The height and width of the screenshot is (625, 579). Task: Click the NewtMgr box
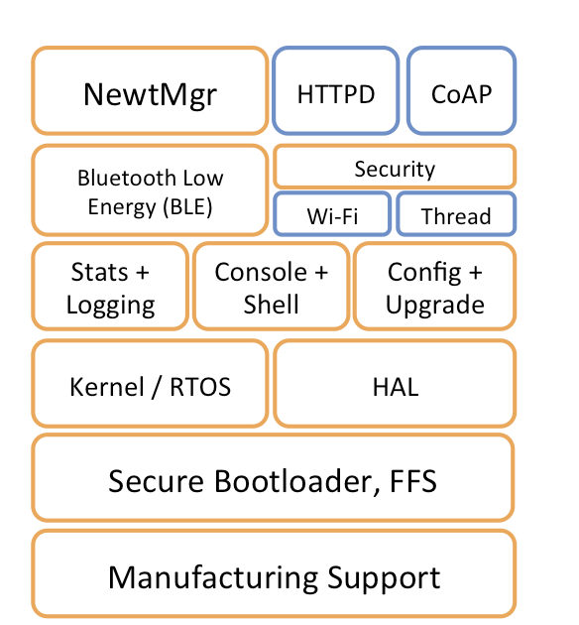click(x=150, y=90)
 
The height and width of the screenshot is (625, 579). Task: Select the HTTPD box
click(x=336, y=90)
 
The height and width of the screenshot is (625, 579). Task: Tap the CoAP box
click(x=462, y=90)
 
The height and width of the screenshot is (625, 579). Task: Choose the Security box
click(x=395, y=167)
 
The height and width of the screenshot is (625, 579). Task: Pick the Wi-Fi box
click(x=332, y=213)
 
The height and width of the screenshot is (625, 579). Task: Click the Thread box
click(x=456, y=213)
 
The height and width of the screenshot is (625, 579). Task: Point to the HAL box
click(x=395, y=384)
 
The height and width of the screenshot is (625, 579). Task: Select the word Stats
click(x=99, y=272)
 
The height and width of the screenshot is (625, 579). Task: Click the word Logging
click(x=111, y=306)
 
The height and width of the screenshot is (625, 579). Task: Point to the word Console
click(x=261, y=272)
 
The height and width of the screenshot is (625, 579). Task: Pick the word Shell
click(x=272, y=305)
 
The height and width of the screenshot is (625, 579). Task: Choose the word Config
click(x=425, y=273)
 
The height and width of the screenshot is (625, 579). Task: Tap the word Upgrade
click(x=435, y=306)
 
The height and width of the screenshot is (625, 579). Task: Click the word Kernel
click(x=107, y=387)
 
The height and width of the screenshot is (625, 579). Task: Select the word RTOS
click(x=200, y=387)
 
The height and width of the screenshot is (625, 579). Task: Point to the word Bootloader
click(x=294, y=481)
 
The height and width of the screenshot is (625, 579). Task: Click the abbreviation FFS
click(x=413, y=481)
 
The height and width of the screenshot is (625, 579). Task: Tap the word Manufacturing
click(x=213, y=578)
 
